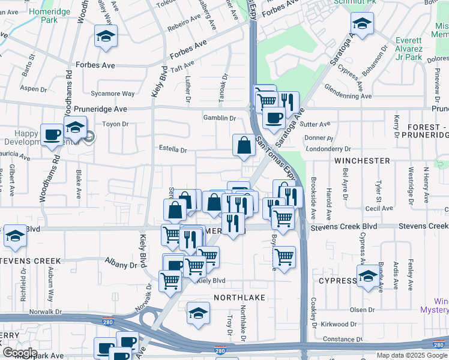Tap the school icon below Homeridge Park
(106, 37)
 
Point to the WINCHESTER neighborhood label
(362, 161)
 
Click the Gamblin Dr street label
(219, 118)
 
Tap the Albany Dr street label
(121, 265)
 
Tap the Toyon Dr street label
(116, 124)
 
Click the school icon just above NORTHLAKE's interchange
(198, 313)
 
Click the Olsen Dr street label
(362, 310)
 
